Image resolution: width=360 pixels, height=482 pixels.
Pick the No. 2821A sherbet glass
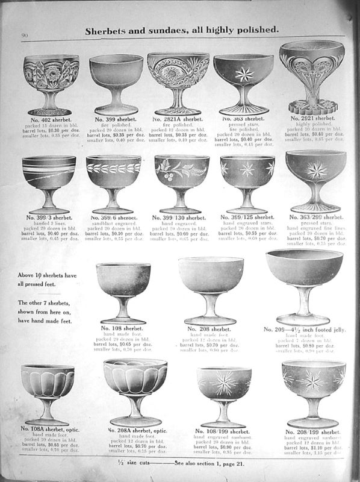pyautogui.click(x=178, y=81)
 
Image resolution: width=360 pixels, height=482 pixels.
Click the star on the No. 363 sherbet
pyautogui.click(x=244, y=74)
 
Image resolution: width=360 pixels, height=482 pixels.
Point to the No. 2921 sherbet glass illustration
pyautogui.click(x=311, y=75)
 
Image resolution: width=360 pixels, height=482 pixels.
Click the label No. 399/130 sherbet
pyautogui.click(x=181, y=216)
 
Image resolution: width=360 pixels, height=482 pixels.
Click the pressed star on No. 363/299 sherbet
pyautogui.click(x=315, y=170)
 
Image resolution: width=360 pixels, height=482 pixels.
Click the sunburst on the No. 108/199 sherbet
pyautogui.click(x=224, y=381)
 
